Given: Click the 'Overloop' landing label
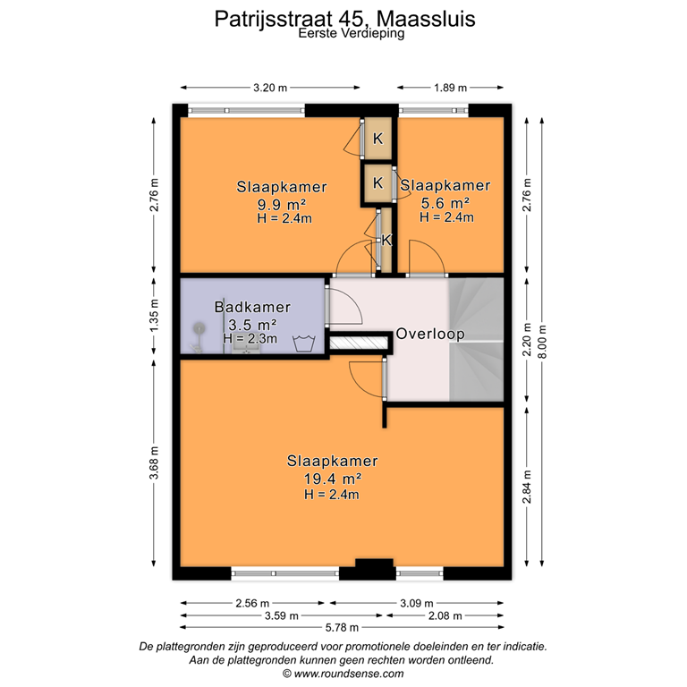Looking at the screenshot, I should point(430,334).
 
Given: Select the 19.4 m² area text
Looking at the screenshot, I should point(331,479).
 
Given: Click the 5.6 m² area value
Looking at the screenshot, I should point(445,201).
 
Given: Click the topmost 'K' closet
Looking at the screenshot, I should point(378,139).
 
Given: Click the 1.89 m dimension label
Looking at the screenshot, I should point(450,88).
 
